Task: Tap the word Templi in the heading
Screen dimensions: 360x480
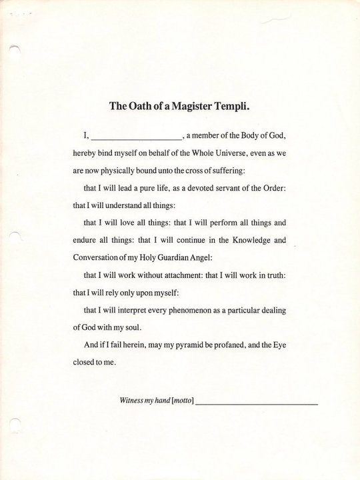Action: pos(235,105)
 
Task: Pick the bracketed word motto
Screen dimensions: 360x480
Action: pos(182,401)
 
